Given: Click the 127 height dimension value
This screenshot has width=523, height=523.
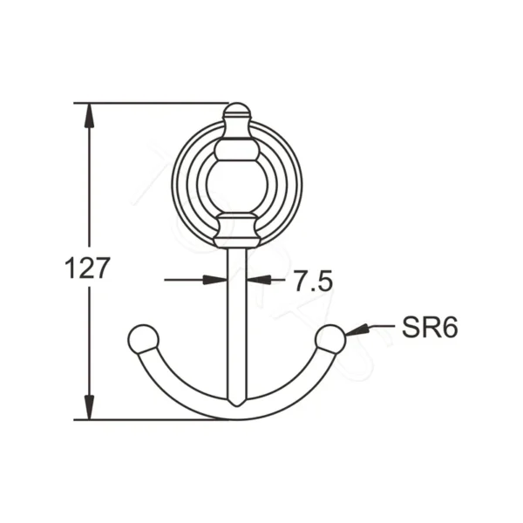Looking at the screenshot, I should coord(88,268).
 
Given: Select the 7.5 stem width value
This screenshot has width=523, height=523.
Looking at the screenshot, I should coord(313,281).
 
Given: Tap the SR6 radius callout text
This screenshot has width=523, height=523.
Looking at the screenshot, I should coord(430,328).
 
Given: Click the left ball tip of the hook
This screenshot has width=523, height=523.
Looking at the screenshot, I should coord(143,339).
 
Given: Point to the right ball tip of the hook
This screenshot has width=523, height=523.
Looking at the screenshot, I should coord(330,339).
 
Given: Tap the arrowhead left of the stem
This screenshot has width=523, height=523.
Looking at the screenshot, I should coord(214,280).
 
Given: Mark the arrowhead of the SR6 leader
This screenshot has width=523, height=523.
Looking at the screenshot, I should coord(356,330).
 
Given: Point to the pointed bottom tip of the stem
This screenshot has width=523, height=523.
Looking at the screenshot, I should coord(236,403).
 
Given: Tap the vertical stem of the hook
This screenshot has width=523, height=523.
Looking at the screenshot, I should coord(236,323).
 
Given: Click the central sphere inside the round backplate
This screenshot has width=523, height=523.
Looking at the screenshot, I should coord(236,185).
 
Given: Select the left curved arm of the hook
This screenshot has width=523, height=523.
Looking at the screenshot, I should coord(179,389).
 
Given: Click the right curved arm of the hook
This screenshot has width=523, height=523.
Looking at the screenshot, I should coord(295,389).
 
